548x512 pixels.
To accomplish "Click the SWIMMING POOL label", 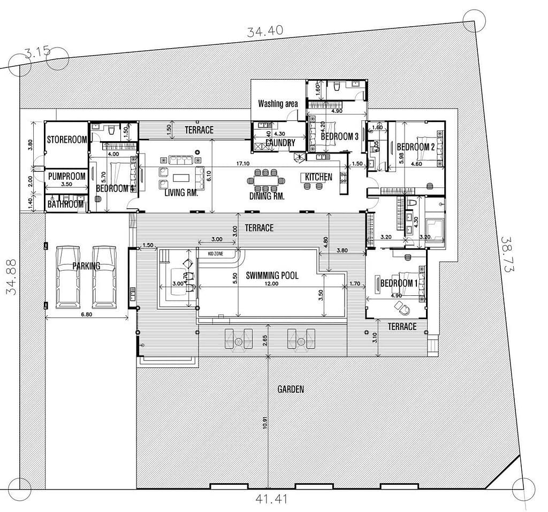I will point(272,276).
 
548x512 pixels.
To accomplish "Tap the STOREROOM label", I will point(67,140).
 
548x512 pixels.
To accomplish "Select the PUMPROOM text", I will point(67,176).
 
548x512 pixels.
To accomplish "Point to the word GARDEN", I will point(291,389).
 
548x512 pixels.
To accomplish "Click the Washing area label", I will point(278,103).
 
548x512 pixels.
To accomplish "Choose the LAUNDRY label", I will point(280,143).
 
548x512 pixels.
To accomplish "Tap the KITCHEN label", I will point(318,177).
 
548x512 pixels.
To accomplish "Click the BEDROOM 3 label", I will point(340,136).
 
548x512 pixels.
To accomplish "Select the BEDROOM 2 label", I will point(416,147).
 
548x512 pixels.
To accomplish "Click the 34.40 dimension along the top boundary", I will point(265,32).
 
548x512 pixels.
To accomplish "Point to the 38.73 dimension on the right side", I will point(507,255).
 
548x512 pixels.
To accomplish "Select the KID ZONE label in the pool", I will point(216,251).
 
